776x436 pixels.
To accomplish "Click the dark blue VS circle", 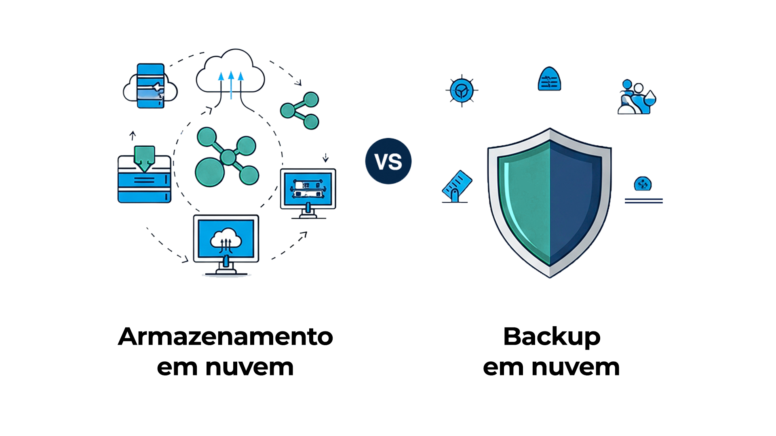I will click(388, 161).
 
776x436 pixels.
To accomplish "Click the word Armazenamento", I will click(225, 337).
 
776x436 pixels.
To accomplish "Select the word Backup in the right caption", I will click(551, 337).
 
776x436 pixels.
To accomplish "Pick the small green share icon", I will click(300, 110).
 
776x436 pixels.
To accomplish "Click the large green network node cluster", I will click(226, 157).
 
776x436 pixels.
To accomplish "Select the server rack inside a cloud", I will click(150, 86).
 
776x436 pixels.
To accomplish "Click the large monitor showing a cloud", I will click(226, 242).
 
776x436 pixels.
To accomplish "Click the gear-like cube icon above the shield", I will click(462, 90).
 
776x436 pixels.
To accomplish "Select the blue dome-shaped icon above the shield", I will click(549, 80).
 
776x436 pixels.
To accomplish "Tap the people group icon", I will click(636, 97).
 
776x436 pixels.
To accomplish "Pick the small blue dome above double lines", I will click(643, 184).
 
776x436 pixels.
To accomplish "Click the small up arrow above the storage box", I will click(133, 136).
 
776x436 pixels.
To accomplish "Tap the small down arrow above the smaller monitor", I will click(325, 157).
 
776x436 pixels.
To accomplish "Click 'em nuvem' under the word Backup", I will click(551, 367).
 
